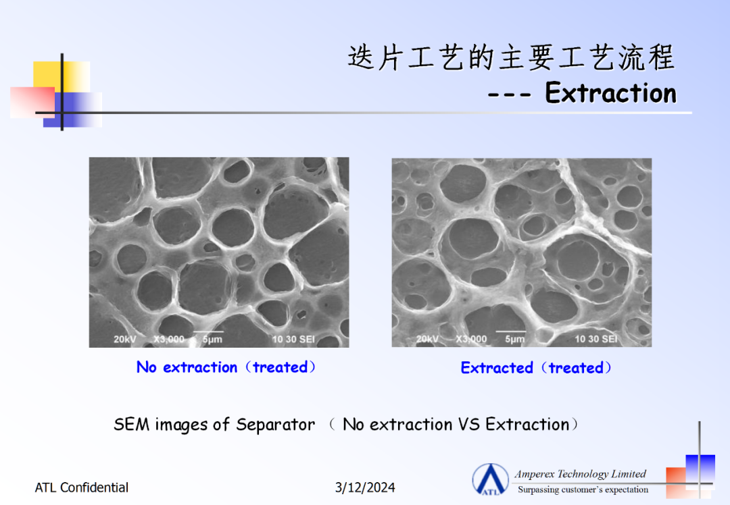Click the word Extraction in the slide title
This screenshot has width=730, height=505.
pos(610,92)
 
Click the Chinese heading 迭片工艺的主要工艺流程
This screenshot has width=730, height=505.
pos(511,57)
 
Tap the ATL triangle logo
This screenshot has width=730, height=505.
pos(490,479)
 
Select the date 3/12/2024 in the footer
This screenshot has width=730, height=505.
pos(365,487)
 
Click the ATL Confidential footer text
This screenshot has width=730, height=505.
pos(82,487)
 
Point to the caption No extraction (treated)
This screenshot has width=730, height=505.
pos(226,367)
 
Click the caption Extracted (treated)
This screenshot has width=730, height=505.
pos(536,368)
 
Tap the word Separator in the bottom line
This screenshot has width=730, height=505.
pos(275,425)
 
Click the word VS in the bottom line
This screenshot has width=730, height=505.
pos(469,424)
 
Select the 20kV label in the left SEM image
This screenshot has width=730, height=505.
pos(125,340)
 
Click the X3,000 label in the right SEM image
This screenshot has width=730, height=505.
pos(471,339)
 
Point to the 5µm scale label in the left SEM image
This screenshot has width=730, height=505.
pos(212,340)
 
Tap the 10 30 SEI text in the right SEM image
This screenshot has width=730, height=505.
pos(596,339)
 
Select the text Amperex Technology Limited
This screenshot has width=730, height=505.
pos(580,474)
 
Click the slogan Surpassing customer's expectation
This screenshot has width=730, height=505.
pos(583,489)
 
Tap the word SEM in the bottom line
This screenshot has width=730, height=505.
pos(132,424)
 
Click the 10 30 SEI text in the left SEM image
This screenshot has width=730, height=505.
pos(293,340)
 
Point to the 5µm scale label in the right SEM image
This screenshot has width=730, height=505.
pos(515,339)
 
